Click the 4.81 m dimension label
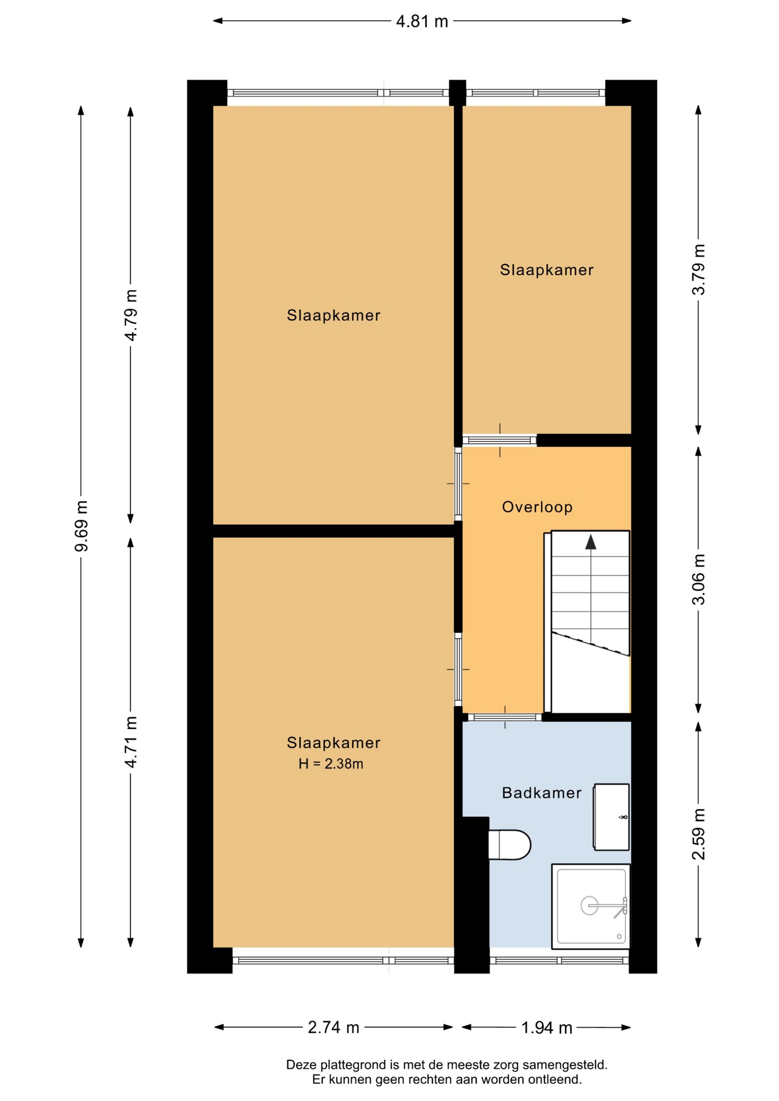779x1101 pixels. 422,22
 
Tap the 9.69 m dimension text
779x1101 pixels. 81,526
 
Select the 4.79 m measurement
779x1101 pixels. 131,315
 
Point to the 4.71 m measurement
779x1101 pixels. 131,742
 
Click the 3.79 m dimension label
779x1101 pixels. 698,270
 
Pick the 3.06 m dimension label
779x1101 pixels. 698,579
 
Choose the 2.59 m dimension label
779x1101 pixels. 698,834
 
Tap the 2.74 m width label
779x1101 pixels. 333,1028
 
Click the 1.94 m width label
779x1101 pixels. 546,1028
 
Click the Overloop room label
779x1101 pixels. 537,507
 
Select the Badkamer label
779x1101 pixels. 542,793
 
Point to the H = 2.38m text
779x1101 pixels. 331,764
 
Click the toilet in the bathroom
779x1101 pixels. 509,845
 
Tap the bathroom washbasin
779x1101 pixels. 611,817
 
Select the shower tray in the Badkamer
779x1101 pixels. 591,907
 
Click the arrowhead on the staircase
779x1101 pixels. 590,542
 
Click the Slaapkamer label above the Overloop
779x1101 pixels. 546,270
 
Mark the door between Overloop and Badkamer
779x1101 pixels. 505,717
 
